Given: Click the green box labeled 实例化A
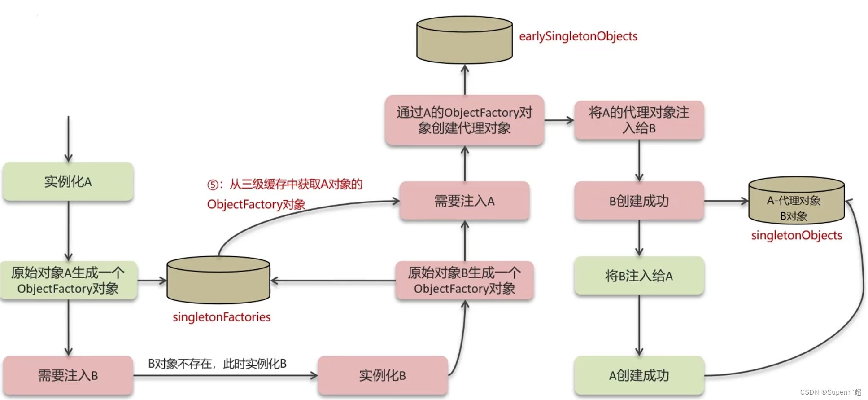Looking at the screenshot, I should coord(68,181).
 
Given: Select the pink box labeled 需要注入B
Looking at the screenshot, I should coord(68,375).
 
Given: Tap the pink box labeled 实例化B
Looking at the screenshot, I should coord(382,375).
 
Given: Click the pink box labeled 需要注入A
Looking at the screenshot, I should coord(464,201).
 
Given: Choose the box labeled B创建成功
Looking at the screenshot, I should coord(639,201).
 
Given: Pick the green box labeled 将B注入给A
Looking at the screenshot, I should coord(639,276).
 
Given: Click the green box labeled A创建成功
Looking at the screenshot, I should coord(639,375).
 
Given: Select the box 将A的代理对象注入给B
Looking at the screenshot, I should coord(639,120).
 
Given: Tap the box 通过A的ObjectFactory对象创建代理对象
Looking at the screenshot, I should coord(464,120).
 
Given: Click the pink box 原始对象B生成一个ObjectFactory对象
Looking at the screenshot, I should coord(464,281).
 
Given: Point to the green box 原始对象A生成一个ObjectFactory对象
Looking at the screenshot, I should coord(68,281).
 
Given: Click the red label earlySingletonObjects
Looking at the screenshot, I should coord(578,36).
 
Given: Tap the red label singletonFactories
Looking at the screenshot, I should coord(222,317).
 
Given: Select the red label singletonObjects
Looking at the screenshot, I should coord(797,235).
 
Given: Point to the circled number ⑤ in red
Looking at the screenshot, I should coord(213,185).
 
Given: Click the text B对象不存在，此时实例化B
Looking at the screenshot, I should coord(217,364).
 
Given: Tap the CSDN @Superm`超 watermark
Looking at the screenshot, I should coord(830,392).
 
